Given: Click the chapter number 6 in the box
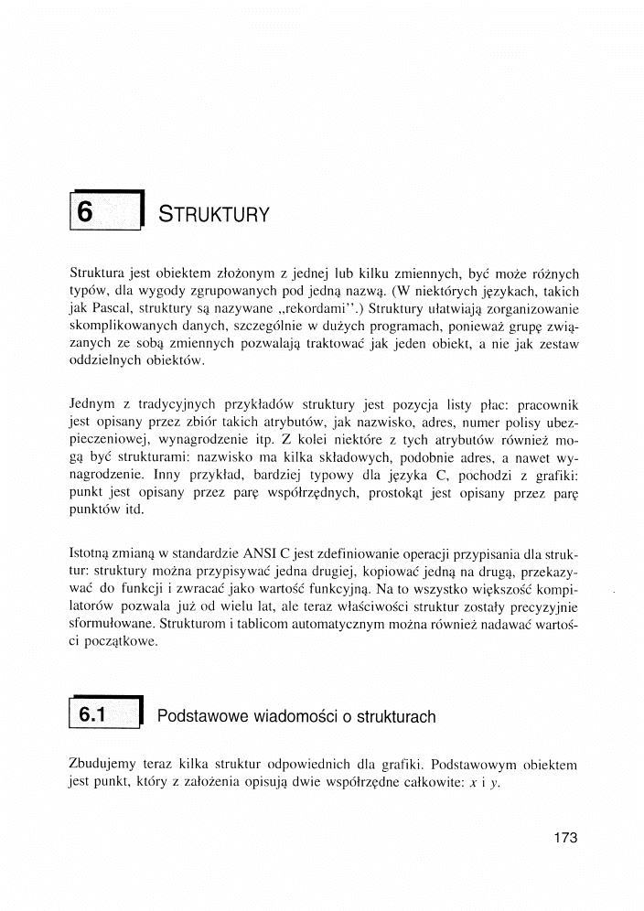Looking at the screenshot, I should coord(85,213).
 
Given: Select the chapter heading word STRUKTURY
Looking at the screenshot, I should coord(213,216).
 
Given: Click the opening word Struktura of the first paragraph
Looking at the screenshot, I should coord(100,273).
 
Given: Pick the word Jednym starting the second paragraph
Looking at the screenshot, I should coord(94,404).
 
